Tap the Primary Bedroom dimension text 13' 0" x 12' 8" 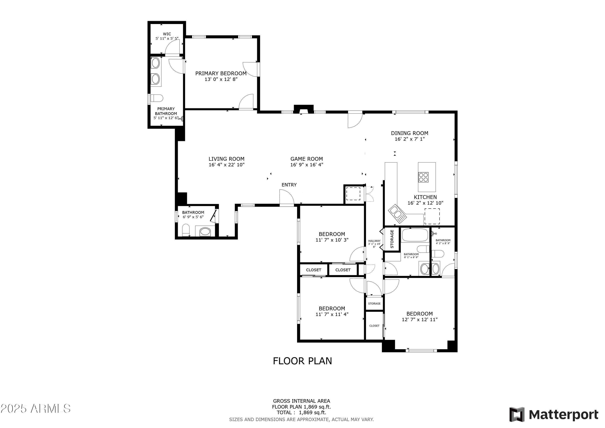(x=221, y=79)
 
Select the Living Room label (x=226, y=159)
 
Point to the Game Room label (x=307, y=159)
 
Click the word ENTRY (x=289, y=185)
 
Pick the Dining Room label (x=409, y=133)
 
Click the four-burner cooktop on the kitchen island (x=423, y=177)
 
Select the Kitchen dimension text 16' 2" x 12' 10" (x=425, y=203)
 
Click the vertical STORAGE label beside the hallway (x=392, y=239)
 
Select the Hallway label (x=374, y=241)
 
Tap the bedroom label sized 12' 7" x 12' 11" (x=419, y=314)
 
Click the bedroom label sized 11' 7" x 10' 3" (x=332, y=234)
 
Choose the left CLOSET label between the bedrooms (x=314, y=270)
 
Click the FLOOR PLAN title (x=302, y=361)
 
